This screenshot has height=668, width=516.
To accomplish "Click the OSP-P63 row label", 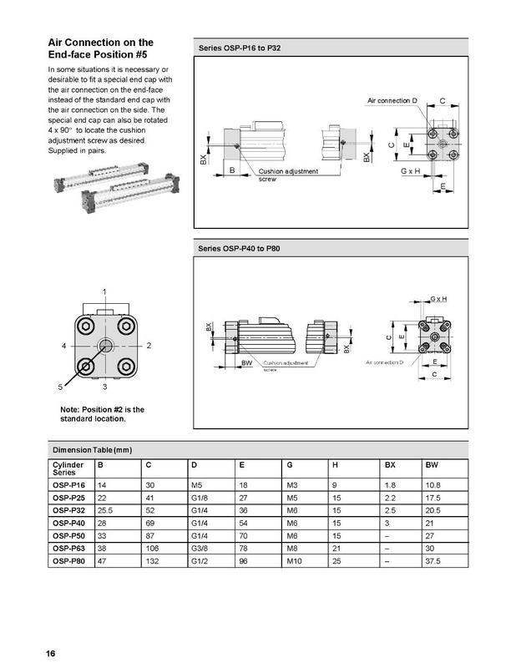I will (x=69, y=548).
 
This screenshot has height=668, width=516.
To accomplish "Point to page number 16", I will (x=51, y=652).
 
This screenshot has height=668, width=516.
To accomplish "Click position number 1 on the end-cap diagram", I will (x=104, y=291).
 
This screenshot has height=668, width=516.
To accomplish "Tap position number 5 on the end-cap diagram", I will (x=60, y=387).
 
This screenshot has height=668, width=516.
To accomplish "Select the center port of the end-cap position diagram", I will (x=105, y=346).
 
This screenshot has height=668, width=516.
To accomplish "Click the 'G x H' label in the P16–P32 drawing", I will (x=410, y=170).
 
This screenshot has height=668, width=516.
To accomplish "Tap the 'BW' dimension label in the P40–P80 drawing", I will (x=247, y=364).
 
